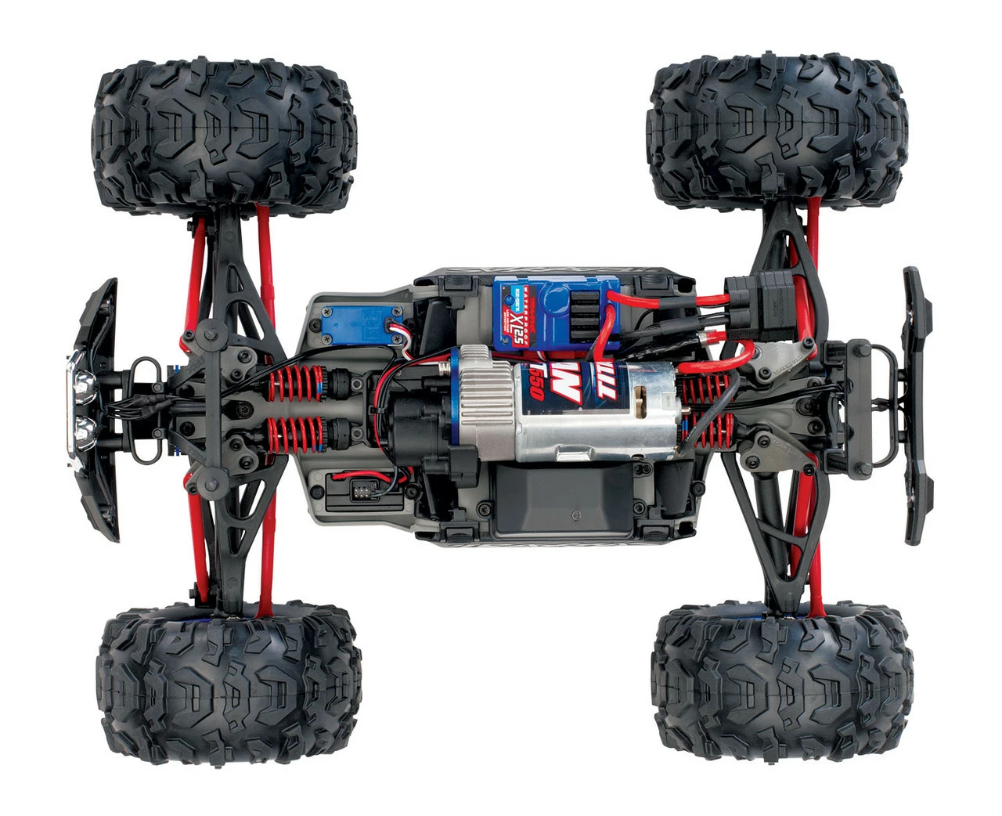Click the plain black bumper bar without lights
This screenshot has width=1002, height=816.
coord(917,407)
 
